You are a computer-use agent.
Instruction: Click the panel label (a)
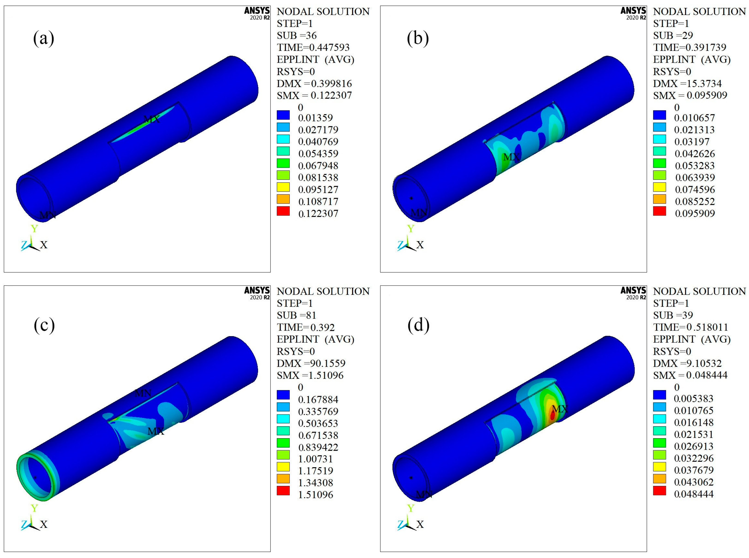pyautogui.click(x=44, y=38)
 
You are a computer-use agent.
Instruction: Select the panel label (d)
pyautogui.click(x=419, y=325)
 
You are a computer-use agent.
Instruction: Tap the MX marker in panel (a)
pyautogui.click(x=152, y=119)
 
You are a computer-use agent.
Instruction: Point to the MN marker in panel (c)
pyautogui.click(x=143, y=393)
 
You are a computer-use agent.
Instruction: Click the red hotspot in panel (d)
pyautogui.click(x=552, y=415)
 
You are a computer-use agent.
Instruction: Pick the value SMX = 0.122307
pyautogui.click(x=314, y=96)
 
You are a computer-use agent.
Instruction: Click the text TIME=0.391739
pyautogui.click(x=690, y=47)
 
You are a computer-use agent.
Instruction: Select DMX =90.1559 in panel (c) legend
pyautogui.click(x=311, y=364)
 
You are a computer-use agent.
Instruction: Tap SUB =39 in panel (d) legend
pyautogui.click(x=673, y=315)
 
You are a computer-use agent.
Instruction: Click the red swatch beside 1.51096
pyautogui.click(x=283, y=491)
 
